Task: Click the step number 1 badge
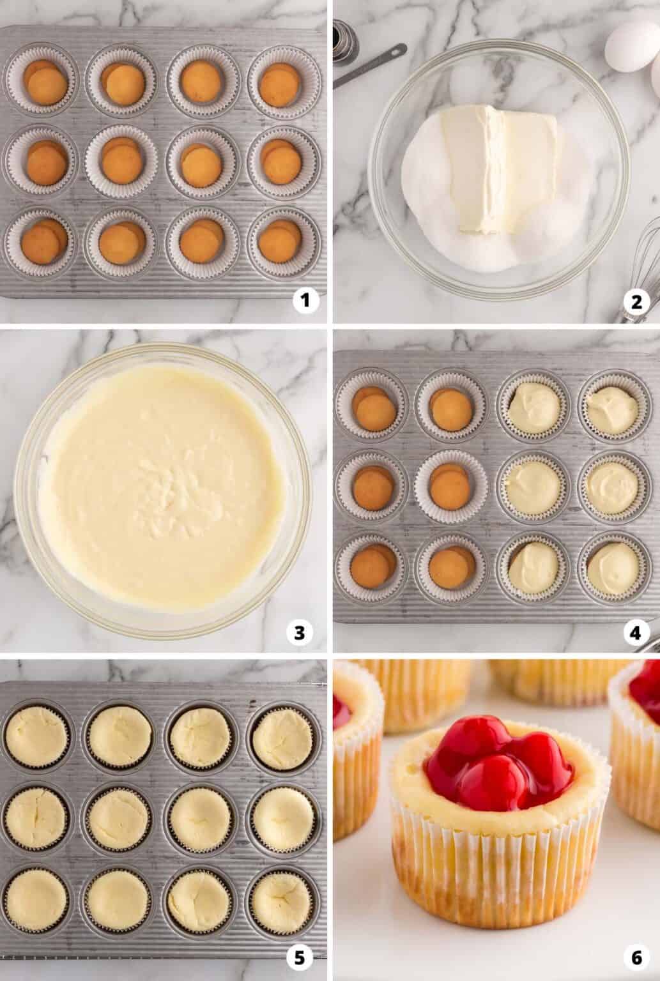click(x=305, y=301)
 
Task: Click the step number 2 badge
click(x=635, y=301)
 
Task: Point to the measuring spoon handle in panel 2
click(x=371, y=64)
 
